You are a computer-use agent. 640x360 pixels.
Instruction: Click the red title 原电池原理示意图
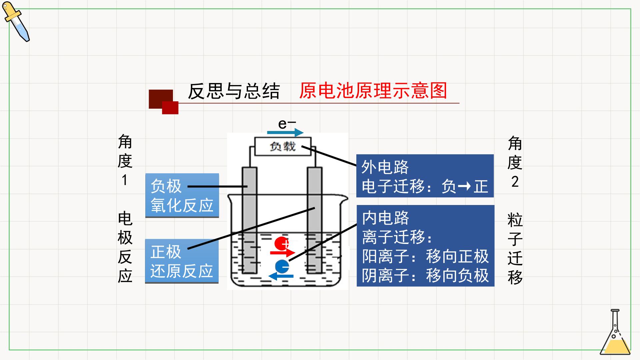pyautogui.click(x=373, y=91)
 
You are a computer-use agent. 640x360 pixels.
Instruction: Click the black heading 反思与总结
pyautogui.click(x=234, y=91)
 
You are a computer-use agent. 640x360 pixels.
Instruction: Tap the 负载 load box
pyautogui.click(x=283, y=146)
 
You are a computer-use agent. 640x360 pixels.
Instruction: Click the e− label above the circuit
pyautogui.click(x=287, y=124)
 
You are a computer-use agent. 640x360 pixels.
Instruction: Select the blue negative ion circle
pyautogui.click(x=282, y=266)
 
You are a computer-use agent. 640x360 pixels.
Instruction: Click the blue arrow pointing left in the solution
pyautogui.click(x=281, y=276)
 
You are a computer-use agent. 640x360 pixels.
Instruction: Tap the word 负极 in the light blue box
pyautogui.click(x=166, y=186)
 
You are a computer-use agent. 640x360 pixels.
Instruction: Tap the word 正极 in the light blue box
pyautogui.click(x=166, y=252)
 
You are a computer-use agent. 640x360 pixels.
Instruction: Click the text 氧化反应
pyautogui.click(x=182, y=205)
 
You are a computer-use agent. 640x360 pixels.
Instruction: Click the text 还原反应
pyautogui.click(x=182, y=271)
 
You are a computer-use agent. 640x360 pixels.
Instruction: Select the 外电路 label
pyautogui.click(x=385, y=167)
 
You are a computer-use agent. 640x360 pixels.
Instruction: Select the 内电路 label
pyautogui.click(x=386, y=218)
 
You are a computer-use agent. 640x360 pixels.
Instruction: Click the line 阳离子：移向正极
pyautogui.click(x=425, y=256)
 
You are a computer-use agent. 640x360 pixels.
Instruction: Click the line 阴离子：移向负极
pyautogui.click(x=425, y=276)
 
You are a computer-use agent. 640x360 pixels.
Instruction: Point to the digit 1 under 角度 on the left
pyautogui.click(x=125, y=180)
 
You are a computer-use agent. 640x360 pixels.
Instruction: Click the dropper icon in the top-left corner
pyautogui.click(x=16, y=22)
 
